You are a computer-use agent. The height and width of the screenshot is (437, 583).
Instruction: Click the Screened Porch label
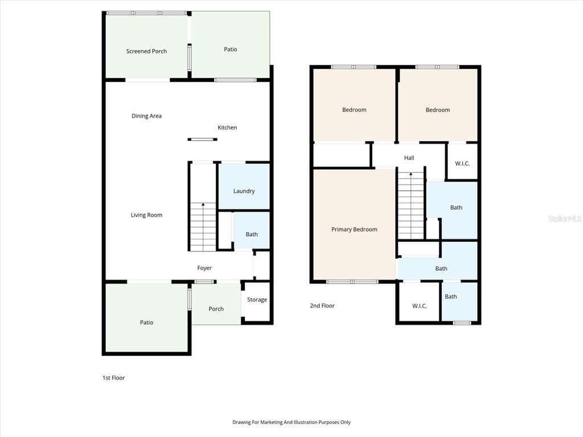[146, 51]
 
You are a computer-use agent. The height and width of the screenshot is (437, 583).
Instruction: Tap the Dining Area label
[146, 116]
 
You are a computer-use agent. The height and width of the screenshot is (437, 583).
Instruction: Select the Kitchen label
[227, 127]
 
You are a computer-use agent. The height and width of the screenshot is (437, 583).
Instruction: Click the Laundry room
[244, 187]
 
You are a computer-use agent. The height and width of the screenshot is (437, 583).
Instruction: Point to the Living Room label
[146, 215]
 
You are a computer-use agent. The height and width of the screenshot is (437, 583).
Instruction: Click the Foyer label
[204, 268]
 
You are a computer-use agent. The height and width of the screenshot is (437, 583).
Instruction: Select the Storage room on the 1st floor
[257, 302]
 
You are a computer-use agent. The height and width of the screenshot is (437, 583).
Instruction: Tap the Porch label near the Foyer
[216, 309]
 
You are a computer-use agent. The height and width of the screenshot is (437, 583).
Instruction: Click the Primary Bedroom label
[354, 229]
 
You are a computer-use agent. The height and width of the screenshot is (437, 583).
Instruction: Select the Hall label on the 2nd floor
[409, 158]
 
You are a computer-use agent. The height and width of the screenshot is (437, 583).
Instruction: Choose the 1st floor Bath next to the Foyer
[251, 230]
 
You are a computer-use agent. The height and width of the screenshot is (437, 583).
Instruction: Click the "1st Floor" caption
[114, 378]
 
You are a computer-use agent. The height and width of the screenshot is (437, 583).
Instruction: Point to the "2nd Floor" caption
[322, 306]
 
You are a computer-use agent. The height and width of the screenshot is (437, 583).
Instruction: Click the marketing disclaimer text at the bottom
[291, 422]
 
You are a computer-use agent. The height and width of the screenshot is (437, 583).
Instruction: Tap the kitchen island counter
[202, 139]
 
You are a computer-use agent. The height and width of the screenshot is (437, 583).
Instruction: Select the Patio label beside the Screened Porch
[231, 50]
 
